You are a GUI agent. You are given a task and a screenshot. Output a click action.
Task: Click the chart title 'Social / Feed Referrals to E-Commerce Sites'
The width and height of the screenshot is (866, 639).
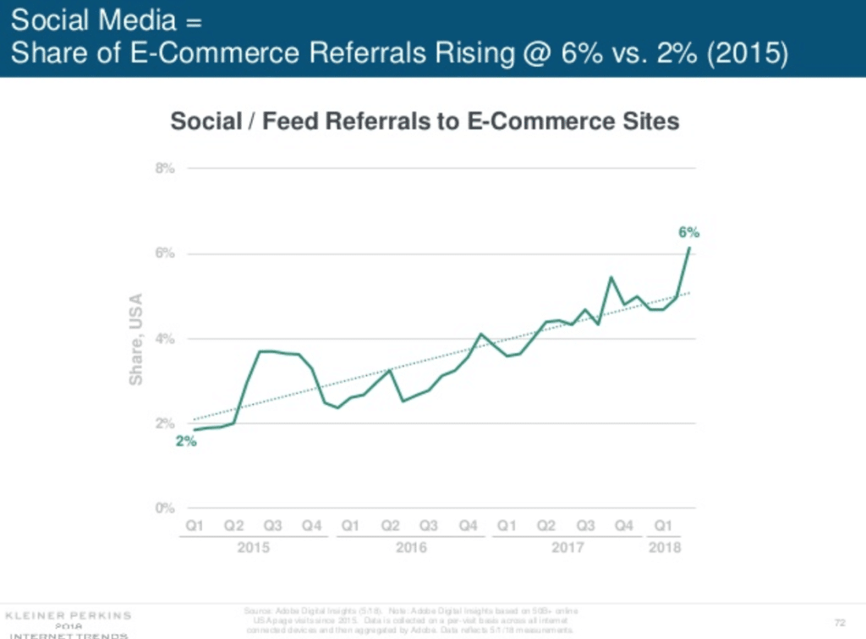pos(425,122)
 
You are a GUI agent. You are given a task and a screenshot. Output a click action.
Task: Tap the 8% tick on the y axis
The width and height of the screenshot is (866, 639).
pos(164,168)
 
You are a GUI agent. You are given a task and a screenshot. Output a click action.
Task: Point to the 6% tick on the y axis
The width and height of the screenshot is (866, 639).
pos(164,254)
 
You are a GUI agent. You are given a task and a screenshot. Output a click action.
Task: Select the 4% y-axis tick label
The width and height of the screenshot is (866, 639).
pos(164,339)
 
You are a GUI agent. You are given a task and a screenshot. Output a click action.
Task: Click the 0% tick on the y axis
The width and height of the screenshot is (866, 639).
pos(164,508)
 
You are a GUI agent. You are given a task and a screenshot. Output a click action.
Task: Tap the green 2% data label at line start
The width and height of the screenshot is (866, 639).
pos(185,441)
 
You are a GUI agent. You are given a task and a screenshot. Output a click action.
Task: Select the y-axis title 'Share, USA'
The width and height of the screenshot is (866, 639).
pos(135,339)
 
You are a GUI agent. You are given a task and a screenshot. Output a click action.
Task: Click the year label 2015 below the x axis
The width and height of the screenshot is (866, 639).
pos(254,547)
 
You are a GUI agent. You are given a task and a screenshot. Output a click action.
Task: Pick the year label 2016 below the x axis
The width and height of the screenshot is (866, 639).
pos(411,547)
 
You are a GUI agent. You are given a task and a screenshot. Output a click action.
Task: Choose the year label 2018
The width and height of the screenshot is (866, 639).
pos(664,547)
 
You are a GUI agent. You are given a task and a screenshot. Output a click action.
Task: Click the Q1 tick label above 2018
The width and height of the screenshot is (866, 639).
pos(664,526)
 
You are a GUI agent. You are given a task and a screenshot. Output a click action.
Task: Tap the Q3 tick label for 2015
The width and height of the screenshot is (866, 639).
pos(273,526)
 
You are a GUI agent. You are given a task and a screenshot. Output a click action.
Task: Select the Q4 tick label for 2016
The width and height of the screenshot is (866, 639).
pos(469,526)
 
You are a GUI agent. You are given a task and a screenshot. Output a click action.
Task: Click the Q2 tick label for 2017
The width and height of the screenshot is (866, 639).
pos(547,526)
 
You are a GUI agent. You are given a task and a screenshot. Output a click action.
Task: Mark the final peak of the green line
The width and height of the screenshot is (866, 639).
pos(690,248)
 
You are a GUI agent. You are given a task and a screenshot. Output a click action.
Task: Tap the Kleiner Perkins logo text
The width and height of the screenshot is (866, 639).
pos(67,613)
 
